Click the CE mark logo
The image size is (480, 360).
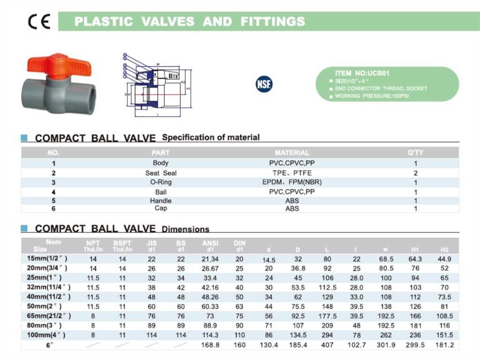(x=39, y=22)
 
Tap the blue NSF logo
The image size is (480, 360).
(x=264, y=84)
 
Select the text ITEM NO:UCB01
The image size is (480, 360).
(x=362, y=73)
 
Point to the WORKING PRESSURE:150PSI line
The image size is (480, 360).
(x=373, y=96)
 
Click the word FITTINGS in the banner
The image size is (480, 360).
(x=273, y=22)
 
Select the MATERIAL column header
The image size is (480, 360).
(x=292, y=153)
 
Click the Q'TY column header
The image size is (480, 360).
(x=415, y=153)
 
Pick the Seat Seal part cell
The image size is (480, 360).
(x=161, y=173)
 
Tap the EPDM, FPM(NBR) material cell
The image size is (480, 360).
(x=292, y=182)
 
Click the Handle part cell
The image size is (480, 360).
(x=161, y=201)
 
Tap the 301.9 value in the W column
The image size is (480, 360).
(x=386, y=345)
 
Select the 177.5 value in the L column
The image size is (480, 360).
(x=327, y=316)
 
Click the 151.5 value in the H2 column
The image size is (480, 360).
(x=444, y=335)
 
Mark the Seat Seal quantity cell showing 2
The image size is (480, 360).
(x=415, y=173)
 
